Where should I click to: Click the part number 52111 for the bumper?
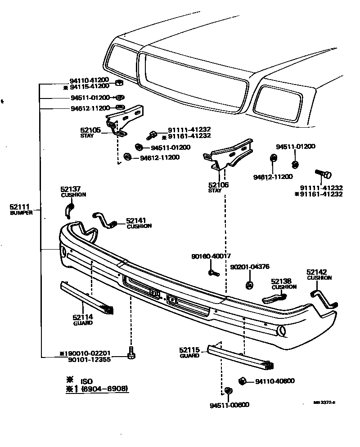19,207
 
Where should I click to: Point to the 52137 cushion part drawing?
69,208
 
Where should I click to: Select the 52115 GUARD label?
189,353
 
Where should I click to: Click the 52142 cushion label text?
319,274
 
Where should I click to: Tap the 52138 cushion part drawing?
274,297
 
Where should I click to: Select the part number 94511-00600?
229,405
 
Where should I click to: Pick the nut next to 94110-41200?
120,82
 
